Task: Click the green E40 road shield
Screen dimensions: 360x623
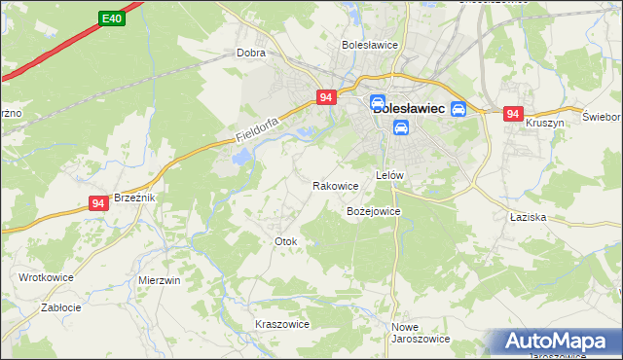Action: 112,18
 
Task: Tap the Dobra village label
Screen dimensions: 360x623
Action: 251,54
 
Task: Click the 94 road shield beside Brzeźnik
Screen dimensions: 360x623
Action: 97,202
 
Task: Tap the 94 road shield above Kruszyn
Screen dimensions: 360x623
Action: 514,114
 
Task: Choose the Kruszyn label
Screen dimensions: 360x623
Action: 545,125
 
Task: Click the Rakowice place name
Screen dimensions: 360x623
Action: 336,185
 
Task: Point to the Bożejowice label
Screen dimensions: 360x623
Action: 374,210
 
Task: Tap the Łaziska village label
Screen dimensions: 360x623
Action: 526,218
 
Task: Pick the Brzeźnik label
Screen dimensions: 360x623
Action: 134,197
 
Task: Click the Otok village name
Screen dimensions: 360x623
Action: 285,240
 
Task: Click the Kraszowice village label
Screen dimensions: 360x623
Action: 281,324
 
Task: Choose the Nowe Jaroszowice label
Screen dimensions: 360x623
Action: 420,333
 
